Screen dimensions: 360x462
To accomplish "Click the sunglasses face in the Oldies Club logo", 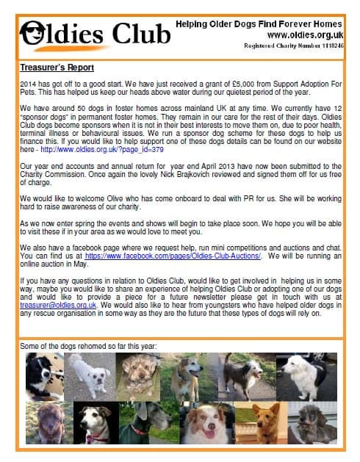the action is [34, 33].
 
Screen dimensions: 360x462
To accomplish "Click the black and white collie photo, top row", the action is [44, 376].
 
